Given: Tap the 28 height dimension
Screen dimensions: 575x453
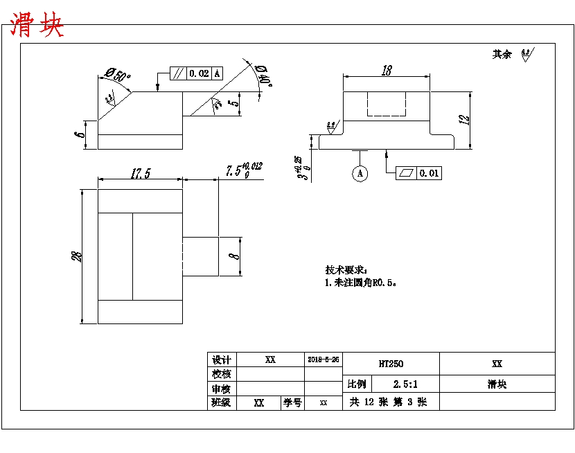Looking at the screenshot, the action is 79,256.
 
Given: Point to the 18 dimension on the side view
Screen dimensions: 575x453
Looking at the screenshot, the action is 387,70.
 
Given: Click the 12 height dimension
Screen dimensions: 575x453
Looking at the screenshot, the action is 464,118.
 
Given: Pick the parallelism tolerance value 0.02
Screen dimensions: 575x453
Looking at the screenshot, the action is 199,73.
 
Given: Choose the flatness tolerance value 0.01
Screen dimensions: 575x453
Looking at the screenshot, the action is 430,173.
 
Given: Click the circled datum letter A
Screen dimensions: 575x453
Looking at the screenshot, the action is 360,173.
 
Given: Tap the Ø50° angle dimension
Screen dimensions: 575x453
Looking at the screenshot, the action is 118,73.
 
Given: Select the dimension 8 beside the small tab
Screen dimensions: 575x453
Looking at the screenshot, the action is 235,256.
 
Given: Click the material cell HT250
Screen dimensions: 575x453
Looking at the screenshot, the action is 391,364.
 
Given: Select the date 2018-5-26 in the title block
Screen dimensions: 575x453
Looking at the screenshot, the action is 324,360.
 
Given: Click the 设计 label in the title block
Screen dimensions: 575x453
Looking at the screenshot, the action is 222,360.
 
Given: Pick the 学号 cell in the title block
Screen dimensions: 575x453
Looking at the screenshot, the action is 292,402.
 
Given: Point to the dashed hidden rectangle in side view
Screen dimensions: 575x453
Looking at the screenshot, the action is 387,104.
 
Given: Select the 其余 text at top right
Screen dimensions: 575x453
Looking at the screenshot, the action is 502,54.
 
